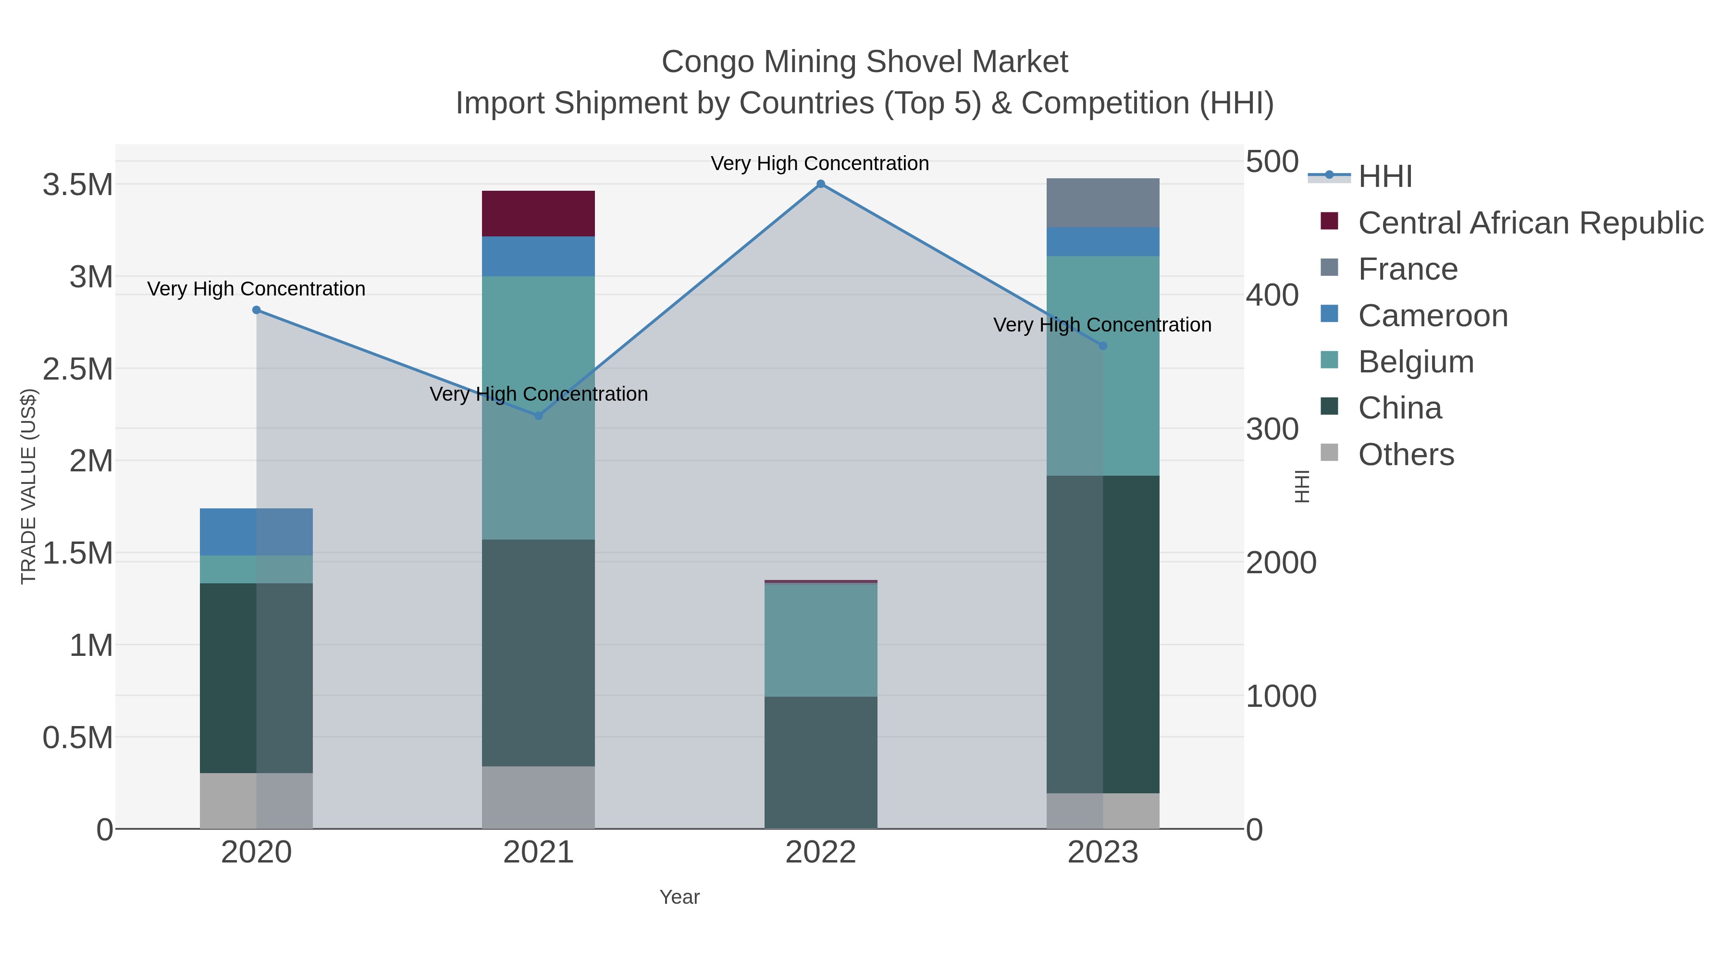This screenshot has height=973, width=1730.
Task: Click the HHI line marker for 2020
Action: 257,310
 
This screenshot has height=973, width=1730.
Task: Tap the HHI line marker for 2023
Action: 1103,346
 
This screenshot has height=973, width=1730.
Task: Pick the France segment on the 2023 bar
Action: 1103,203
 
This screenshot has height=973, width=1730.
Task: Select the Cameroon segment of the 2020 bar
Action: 257,532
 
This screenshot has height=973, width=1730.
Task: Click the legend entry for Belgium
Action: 1416,362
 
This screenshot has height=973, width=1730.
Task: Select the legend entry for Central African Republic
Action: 1530,223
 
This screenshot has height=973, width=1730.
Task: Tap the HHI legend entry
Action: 1385,177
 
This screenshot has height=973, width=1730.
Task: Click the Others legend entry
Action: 1406,455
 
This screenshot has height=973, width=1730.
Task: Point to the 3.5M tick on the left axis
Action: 78,185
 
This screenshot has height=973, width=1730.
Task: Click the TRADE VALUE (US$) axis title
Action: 28,486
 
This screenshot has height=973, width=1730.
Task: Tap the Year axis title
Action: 679,897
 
